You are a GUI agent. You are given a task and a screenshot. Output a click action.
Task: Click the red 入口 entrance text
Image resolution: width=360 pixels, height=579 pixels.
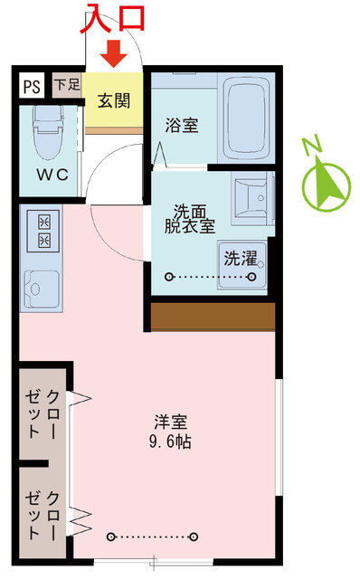(113, 19)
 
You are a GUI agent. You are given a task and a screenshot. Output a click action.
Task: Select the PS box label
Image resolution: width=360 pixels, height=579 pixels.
(32, 87)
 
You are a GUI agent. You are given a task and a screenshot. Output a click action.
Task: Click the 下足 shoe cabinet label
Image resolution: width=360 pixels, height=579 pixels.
(66, 84)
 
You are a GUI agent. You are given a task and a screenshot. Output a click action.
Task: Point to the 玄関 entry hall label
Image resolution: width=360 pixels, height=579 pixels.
(114, 100)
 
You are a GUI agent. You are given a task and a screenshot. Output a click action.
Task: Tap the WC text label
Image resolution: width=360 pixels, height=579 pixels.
(52, 176)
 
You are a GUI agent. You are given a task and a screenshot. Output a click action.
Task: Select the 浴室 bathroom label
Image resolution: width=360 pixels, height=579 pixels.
(181, 126)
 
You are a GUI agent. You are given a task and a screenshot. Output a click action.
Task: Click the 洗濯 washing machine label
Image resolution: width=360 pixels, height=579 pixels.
(242, 258)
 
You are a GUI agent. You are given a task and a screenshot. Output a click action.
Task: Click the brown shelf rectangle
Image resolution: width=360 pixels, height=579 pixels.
(213, 316)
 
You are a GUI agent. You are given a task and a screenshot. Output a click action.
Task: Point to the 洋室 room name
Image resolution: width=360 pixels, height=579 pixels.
(172, 422)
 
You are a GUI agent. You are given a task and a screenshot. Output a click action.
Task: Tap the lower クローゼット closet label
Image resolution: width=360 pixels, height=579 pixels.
(43, 513)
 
